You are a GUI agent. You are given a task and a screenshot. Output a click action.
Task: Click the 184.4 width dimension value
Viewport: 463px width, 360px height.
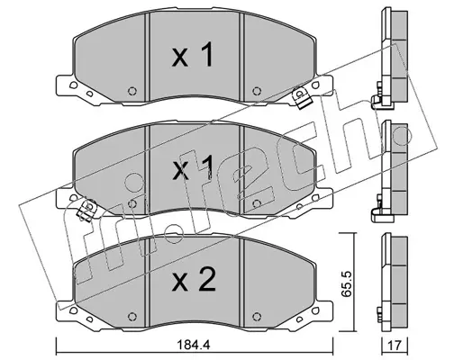[x=194, y=345]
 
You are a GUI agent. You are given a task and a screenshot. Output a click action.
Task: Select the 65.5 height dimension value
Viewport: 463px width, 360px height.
[x=347, y=283]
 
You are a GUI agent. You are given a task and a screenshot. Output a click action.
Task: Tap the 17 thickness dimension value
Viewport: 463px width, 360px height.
[x=395, y=346]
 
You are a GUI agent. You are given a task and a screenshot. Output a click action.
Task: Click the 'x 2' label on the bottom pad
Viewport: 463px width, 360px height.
[x=194, y=280]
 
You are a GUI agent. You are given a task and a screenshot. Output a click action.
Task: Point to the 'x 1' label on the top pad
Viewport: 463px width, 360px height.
[x=193, y=54]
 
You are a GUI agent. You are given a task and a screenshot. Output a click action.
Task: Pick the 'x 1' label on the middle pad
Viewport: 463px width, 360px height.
[x=193, y=168]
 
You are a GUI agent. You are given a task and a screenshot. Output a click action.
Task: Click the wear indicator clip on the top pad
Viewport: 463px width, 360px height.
[x=301, y=97]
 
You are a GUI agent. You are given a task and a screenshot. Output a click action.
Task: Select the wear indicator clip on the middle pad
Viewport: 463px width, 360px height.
[x=86, y=210]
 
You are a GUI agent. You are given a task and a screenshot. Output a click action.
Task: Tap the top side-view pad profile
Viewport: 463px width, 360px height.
[x=390, y=58]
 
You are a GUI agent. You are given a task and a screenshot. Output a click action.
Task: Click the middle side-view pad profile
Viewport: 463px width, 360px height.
[x=390, y=171]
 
